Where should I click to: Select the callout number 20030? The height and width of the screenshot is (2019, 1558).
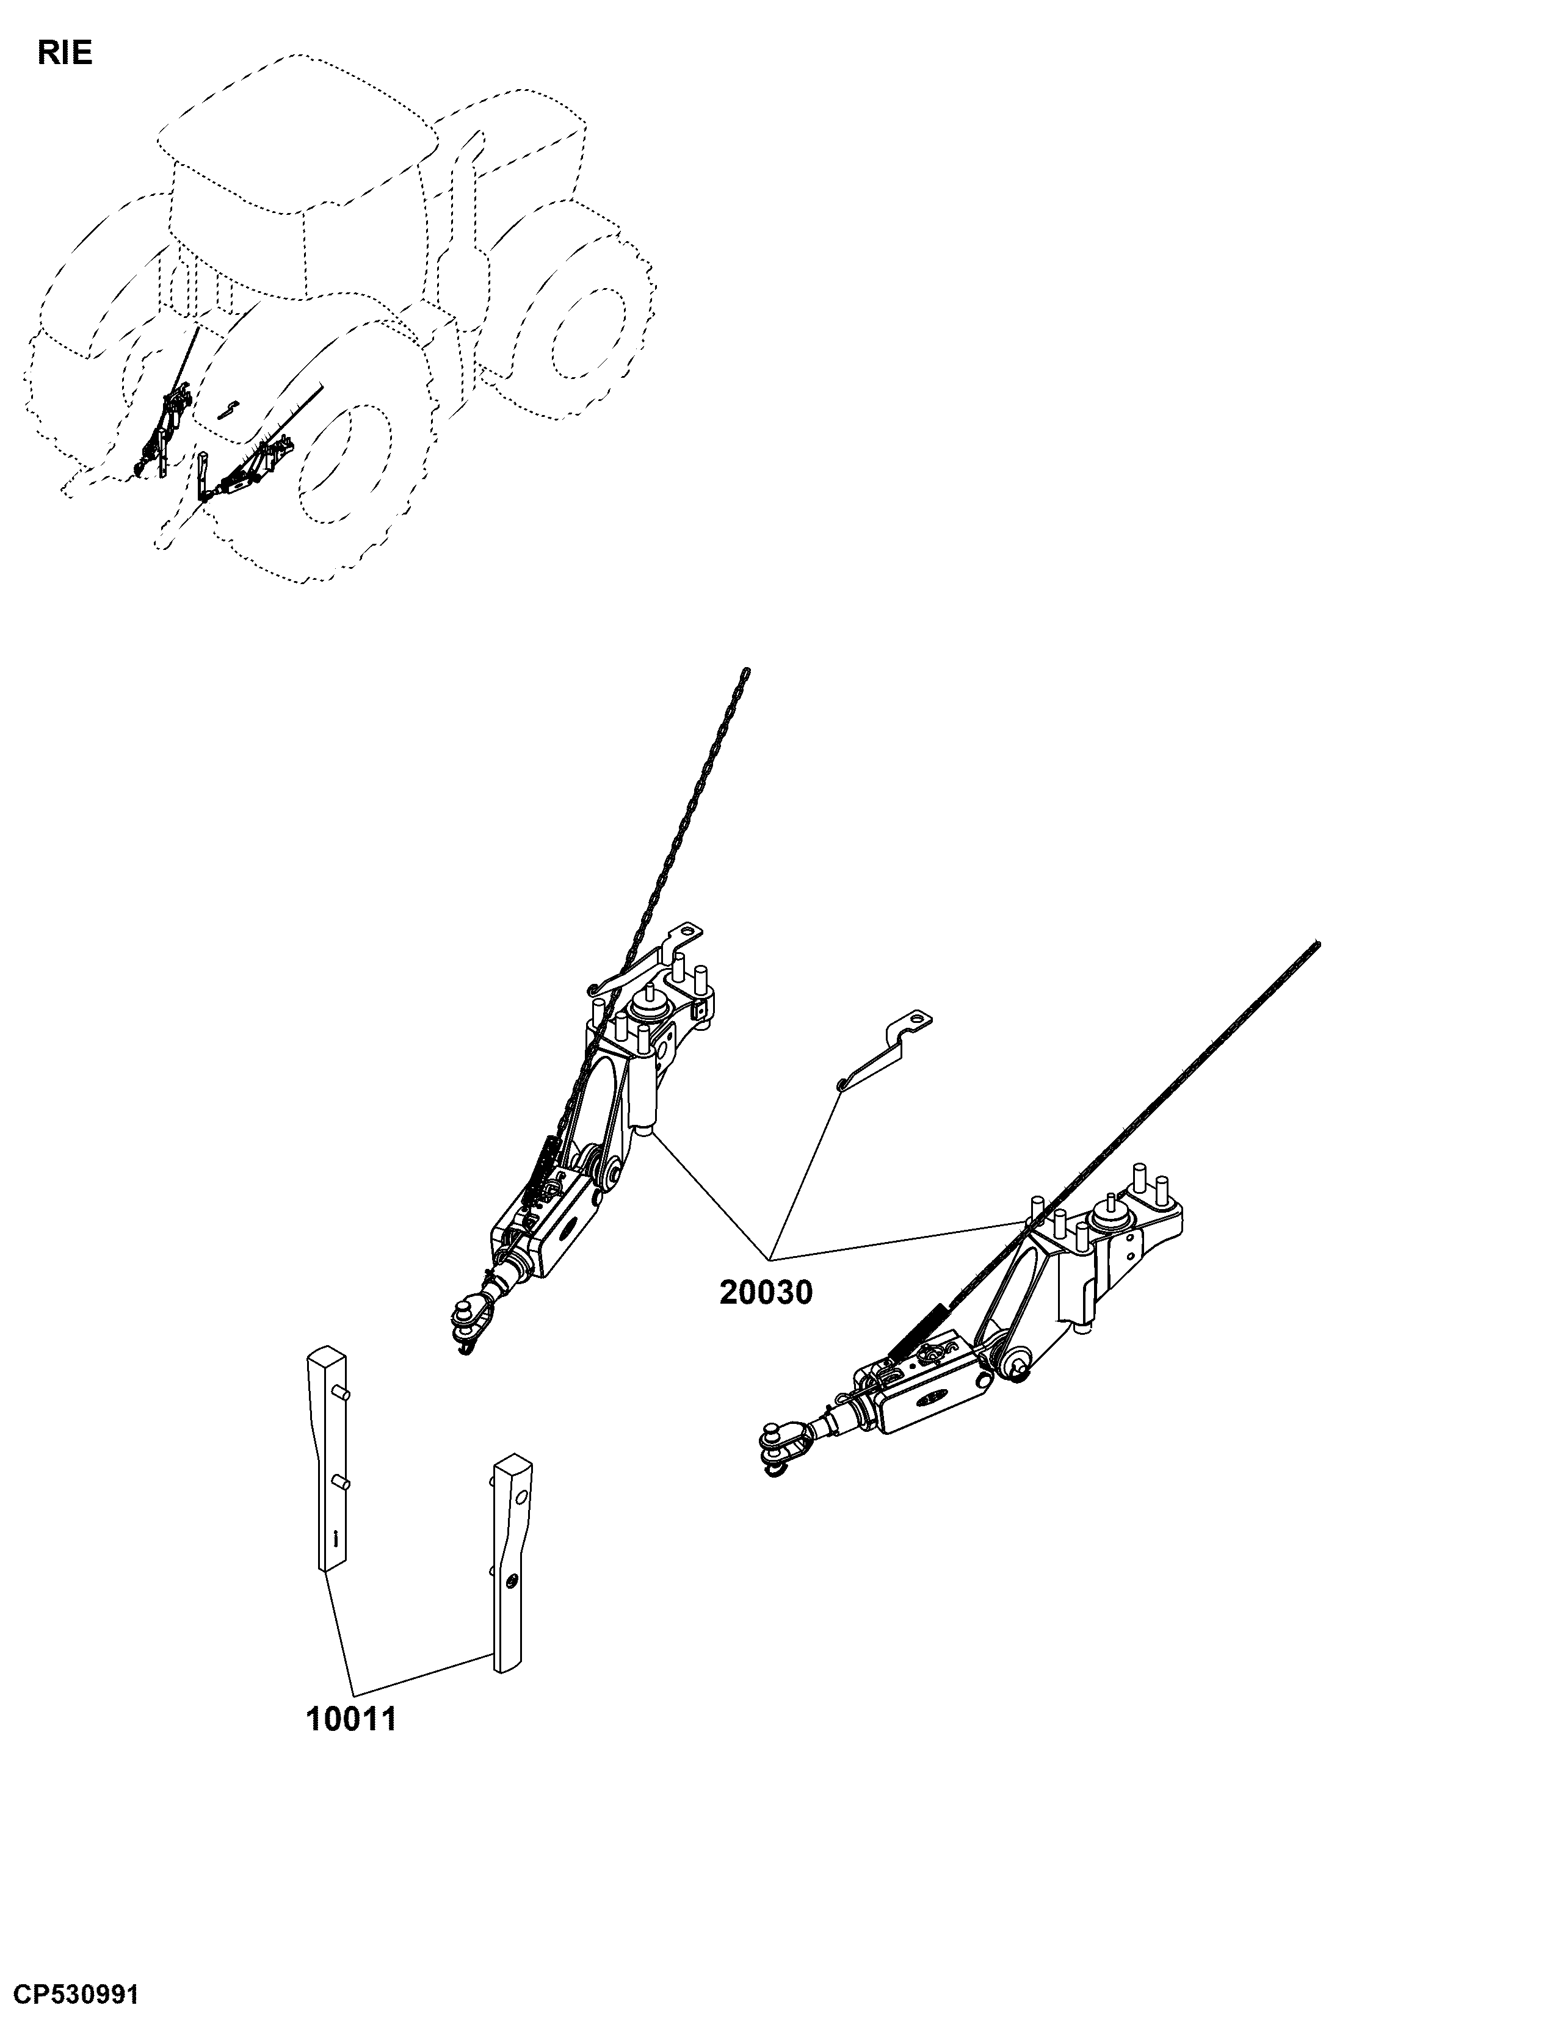767,1292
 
